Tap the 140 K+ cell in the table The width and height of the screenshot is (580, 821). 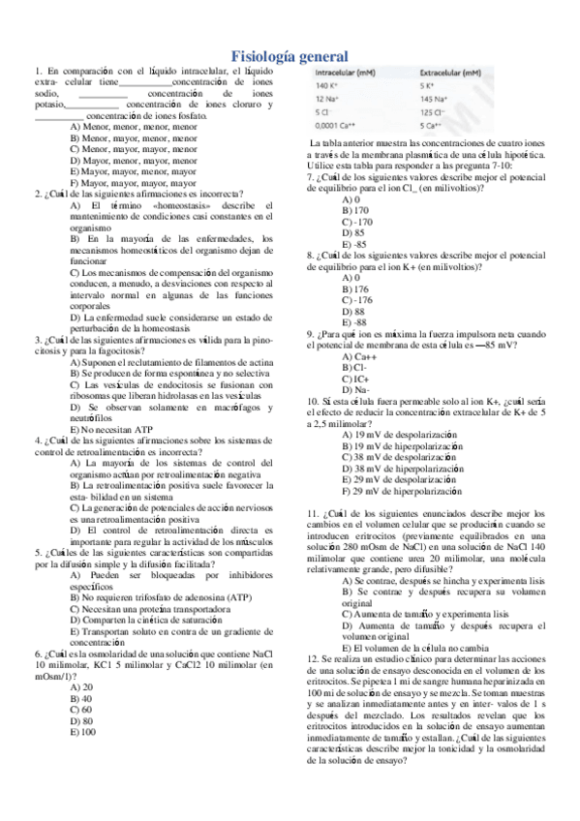329,86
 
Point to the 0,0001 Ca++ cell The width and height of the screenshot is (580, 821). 337,125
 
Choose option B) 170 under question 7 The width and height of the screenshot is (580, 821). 354,210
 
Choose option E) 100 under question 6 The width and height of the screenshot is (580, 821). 84,705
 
